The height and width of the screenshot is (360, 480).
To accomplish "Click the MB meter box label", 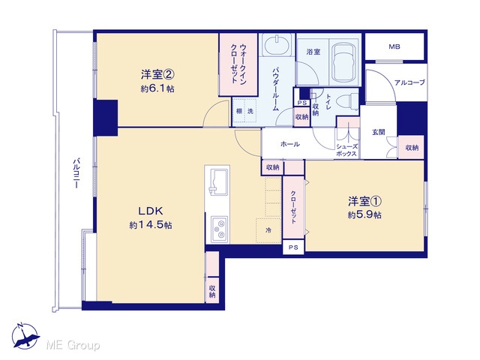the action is (x=394, y=46).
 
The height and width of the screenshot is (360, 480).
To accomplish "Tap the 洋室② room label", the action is (x=157, y=74).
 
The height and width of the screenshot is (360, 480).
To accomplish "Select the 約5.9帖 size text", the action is (x=364, y=215).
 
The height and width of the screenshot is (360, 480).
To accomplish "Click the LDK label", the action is (x=150, y=211).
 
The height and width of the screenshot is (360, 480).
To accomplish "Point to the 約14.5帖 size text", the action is (x=150, y=225).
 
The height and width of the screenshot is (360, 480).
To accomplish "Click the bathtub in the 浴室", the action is (x=345, y=62).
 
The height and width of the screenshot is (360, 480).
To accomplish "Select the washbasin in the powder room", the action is (x=277, y=45).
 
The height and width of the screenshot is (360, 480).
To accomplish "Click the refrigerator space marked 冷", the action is (x=268, y=230).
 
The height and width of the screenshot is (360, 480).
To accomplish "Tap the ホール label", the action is (x=290, y=144).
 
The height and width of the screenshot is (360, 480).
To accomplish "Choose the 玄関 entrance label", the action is (x=378, y=132).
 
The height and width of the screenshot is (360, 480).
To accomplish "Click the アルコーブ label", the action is (x=409, y=82).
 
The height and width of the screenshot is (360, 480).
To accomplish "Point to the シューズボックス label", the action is (x=346, y=150).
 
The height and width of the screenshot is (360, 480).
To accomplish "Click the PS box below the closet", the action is (x=293, y=247).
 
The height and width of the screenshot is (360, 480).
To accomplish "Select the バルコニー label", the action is (x=76, y=173).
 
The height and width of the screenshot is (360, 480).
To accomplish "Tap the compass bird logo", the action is (x=25, y=336).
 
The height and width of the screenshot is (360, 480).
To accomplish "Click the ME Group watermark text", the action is (x=73, y=345).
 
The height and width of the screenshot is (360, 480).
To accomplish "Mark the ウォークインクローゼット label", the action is (x=238, y=64).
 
